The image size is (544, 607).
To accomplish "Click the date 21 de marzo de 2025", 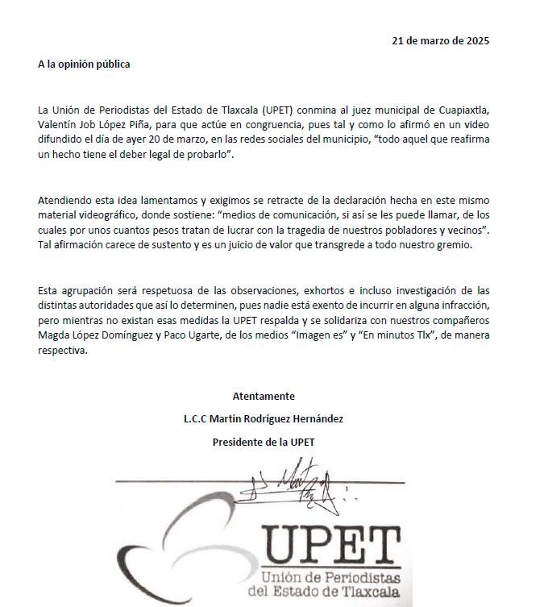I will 440,40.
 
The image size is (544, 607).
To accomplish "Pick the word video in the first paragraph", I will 476,125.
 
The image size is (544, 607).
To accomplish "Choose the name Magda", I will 54,337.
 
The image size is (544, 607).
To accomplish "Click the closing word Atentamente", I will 264,397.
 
